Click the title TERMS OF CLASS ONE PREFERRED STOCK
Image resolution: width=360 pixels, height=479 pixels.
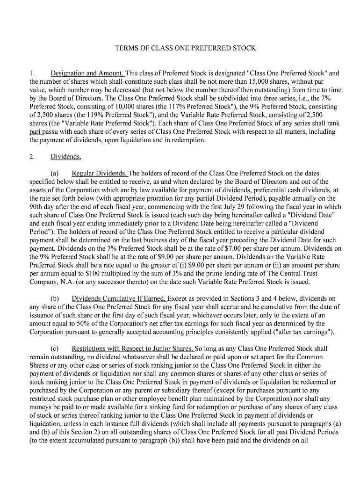(186, 48)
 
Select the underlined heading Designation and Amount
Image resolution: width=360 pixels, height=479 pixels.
(87, 73)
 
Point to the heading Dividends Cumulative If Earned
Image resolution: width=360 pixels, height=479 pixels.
(119, 298)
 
